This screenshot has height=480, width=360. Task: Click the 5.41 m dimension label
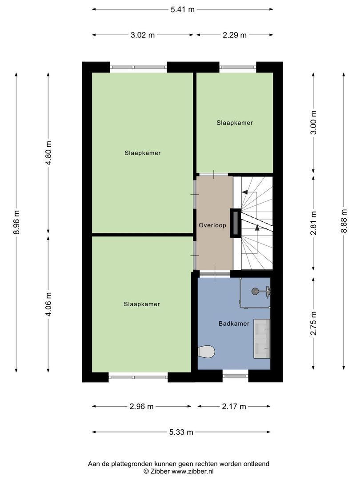pyautogui.click(x=183, y=9)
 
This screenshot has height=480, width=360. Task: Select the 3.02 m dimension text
pyautogui.click(x=143, y=35)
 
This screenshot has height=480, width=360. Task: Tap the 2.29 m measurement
pyautogui.click(x=234, y=35)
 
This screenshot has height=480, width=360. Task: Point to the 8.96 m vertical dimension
pyautogui.click(x=16, y=222)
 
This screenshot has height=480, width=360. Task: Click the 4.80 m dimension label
pyautogui.click(x=49, y=153)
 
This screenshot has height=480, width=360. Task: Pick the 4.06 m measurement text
pyautogui.click(x=49, y=304)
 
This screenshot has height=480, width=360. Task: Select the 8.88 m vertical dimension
pyautogui.click(x=344, y=221)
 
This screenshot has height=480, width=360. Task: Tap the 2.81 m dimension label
pyautogui.click(x=313, y=223)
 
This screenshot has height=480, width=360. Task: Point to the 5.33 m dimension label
pyautogui.click(x=181, y=432)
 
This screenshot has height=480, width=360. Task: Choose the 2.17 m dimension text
pyautogui.click(x=234, y=406)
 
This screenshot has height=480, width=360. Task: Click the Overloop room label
pyautogui.click(x=212, y=225)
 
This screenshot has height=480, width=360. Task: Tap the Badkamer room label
pyautogui.click(x=234, y=324)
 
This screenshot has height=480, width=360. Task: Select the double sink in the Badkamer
pyautogui.click(x=262, y=339)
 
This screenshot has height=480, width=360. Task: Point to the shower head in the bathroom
pyautogui.click(x=255, y=291)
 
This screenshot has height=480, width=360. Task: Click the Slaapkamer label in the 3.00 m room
pyautogui.click(x=235, y=123)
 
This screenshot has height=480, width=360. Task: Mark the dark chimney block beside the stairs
pyautogui.click(x=235, y=223)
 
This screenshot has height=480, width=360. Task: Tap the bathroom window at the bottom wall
pyautogui.click(x=235, y=376)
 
